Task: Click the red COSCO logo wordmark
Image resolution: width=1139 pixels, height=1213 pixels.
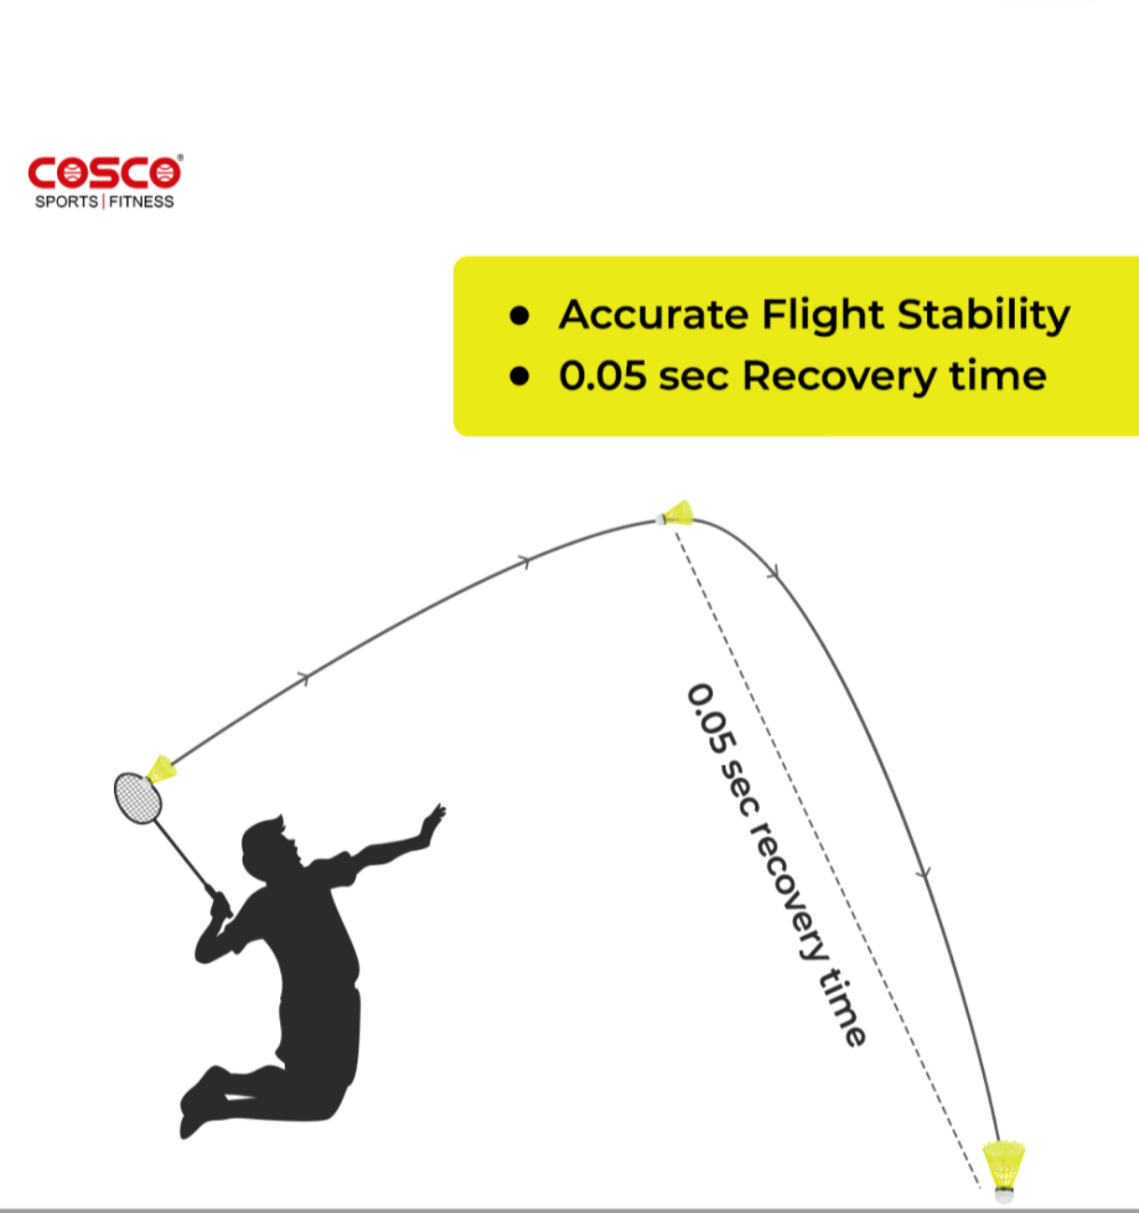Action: tap(105, 173)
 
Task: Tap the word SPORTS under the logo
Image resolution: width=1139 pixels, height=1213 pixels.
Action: tap(66, 202)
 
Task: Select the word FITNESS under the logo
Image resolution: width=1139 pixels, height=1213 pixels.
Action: tap(141, 202)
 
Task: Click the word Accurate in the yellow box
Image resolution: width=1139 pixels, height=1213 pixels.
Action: tap(653, 314)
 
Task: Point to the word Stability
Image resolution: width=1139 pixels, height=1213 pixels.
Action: tap(984, 316)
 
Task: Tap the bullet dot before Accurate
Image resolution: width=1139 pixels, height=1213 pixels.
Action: tap(519, 315)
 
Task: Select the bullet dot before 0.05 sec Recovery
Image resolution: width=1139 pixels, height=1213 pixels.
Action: tap(519, 376)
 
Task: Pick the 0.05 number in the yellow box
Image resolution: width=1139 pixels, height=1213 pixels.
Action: tap(602, 375)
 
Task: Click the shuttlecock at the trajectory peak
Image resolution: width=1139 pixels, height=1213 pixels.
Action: tap(675, 513)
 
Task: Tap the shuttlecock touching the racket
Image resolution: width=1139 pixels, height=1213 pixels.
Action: tap(162, 770)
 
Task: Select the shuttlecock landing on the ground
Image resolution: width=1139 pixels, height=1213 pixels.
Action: tap(1004, 1171)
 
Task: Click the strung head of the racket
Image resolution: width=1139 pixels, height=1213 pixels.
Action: tap(138, 798)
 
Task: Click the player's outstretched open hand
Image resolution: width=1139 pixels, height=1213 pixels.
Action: tap(432, 822)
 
